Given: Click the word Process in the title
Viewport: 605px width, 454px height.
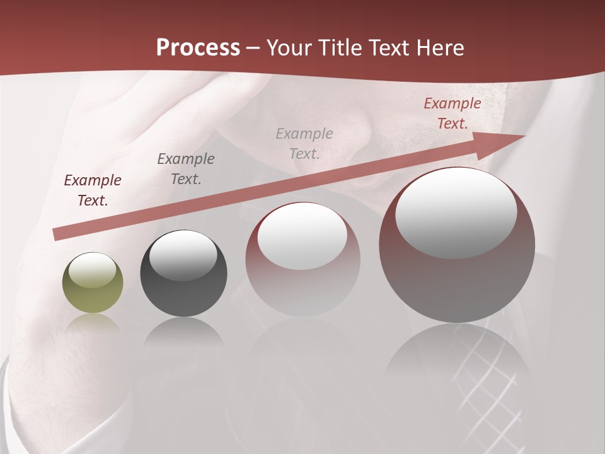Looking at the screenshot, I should click(198, 48).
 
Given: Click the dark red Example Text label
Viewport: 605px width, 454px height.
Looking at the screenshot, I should click(93, 190).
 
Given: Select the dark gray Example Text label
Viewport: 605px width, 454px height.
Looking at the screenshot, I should click(185, 169).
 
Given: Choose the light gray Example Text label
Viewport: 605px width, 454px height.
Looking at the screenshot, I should click(304, 144).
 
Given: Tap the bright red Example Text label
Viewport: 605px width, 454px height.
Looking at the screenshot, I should click(452, 113).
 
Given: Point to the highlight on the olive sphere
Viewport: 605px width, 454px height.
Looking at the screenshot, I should click(93, 270).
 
